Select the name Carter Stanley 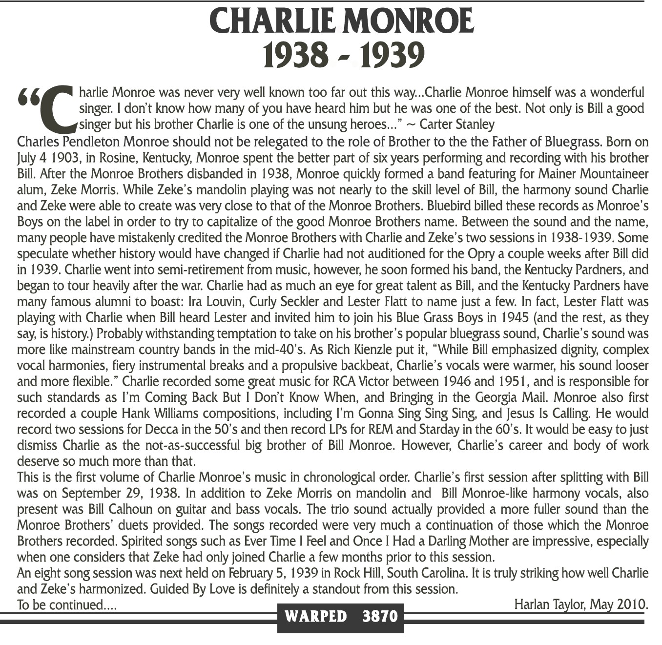(x=457, y=125)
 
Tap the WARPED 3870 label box (x=340, y=616)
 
